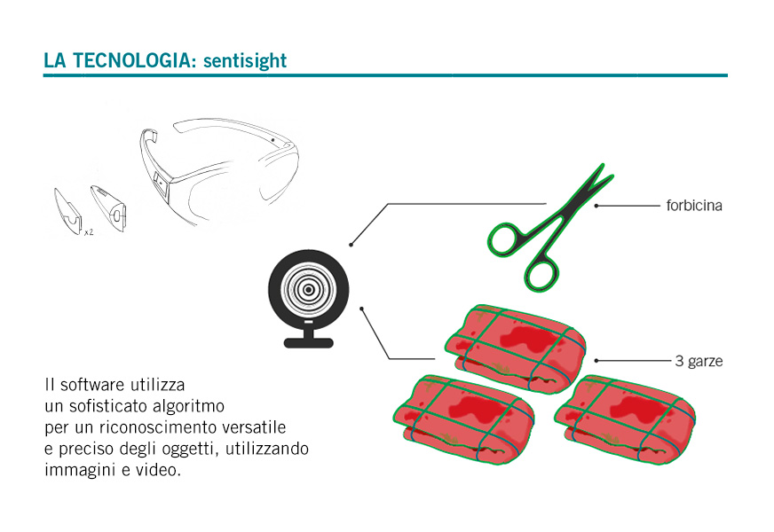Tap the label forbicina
(x=694, y=206)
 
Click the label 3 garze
(x=699, y=362)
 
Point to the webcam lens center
(x=309, y=289)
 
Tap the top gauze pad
(x=516, y=348)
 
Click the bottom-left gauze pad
(x=464, y=419)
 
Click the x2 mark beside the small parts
(x=89, y=232)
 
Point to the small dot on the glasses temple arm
(x=273, y=140)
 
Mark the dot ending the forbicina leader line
(x=596, y=206)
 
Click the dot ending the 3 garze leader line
(x=596, y=361)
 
